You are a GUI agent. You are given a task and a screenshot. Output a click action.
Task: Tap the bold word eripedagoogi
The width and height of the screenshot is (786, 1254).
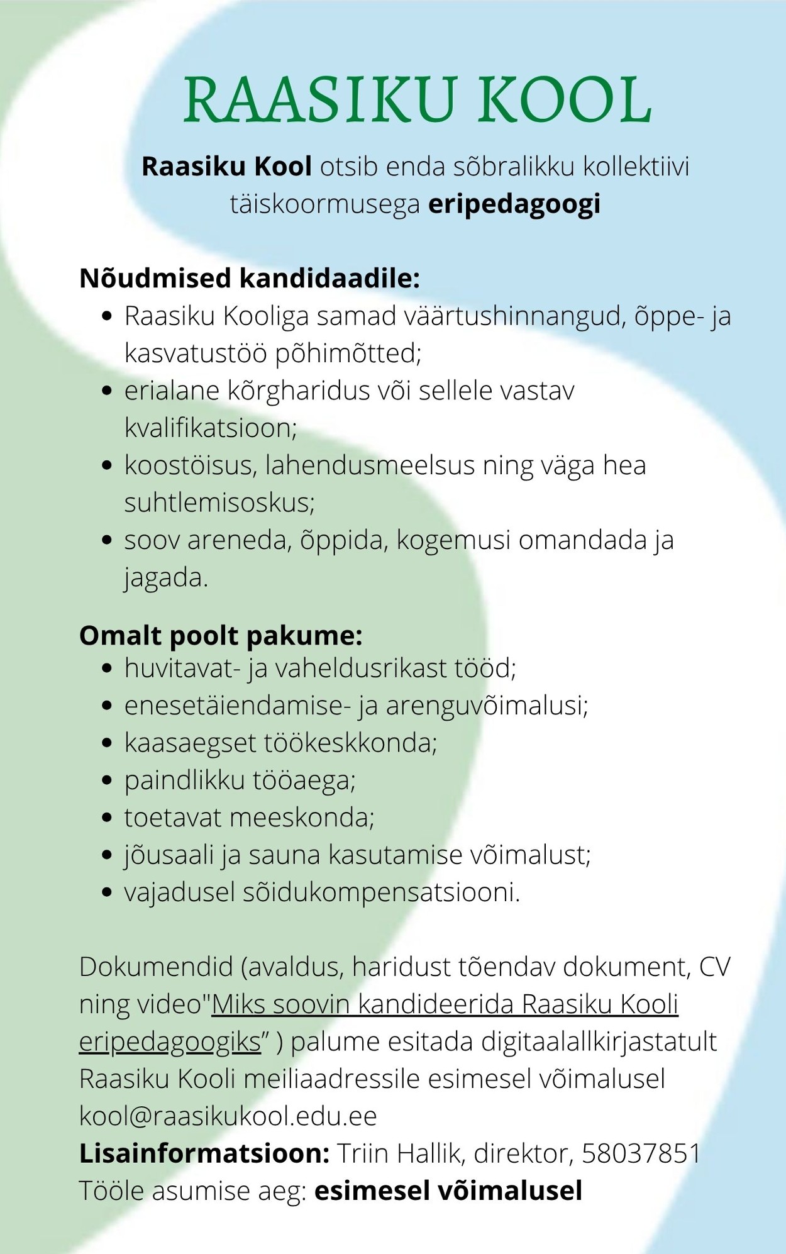click(514, 204)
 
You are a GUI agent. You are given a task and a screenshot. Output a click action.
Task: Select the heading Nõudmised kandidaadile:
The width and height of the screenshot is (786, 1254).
click(249, 278)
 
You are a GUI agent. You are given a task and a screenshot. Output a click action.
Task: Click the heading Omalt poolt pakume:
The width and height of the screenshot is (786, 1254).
click(221, 636)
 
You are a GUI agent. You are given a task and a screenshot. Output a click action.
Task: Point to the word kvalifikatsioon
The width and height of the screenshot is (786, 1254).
click(209, 428)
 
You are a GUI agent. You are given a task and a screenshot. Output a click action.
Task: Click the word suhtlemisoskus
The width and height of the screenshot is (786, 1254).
click(218, 503)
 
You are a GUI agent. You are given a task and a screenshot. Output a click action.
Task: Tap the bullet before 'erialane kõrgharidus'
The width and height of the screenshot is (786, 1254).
click(107, 391)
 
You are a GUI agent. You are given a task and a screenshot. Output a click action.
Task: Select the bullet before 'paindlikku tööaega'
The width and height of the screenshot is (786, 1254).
click(107, 780)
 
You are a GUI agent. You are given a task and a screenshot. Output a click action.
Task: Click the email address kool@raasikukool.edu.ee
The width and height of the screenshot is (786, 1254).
click(228, 1116)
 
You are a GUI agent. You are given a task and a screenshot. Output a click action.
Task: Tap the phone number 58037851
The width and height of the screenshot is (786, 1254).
click(641, 1153)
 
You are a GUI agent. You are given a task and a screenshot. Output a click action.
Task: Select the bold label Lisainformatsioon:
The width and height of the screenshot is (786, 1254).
click(204, 1153)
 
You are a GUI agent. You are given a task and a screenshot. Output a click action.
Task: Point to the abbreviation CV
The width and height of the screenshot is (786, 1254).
click(714, 967)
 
